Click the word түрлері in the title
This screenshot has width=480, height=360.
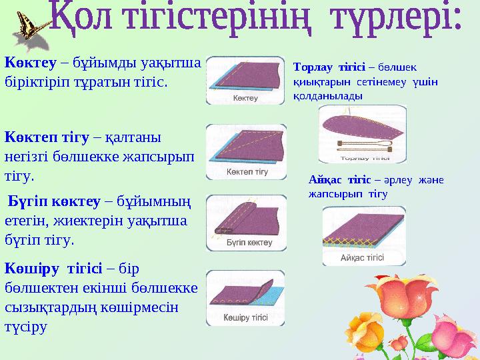click(397, 19)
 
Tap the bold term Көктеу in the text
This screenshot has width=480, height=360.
click(30, 63)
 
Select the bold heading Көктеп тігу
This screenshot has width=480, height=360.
click(47, 137)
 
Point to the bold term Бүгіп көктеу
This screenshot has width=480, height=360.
click(54, 201)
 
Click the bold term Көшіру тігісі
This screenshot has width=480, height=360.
click(53, 269)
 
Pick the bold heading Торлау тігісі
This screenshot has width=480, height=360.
click(329, 67)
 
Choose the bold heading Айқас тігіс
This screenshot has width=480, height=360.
click(339, 180)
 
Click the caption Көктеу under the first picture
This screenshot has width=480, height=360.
click(245, 98)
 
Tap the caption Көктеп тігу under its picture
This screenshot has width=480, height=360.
click(247, 172)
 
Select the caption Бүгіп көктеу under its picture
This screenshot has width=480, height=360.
click(249, 243)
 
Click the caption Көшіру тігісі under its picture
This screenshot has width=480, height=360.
click(245, 317)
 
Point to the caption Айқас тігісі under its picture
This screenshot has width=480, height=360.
click(362, 257)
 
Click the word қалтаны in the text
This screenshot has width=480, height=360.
click(133, 138)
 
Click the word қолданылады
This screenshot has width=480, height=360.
click(327, 96)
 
